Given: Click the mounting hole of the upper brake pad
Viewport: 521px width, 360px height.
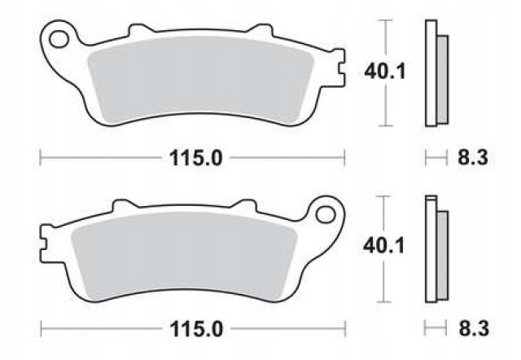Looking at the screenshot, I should pyautogui.click(x=58, y=37).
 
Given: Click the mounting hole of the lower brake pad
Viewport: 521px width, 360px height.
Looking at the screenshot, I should pyautogui.click(x=328, y=214).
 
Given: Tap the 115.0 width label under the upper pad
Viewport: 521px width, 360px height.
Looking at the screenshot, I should pyautogui.click(x=193, y=157).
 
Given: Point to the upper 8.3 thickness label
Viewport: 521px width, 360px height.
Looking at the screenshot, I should pyautogui.click(x=473, y=157).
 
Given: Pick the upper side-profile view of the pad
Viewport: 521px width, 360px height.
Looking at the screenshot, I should pyautogui.click(x=436, y=73).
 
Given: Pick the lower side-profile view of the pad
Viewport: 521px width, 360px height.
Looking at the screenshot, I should pyautogui.click(x=436, y=244).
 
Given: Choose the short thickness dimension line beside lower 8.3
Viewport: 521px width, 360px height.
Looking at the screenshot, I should pyautogui.click(x=436, y=328).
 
